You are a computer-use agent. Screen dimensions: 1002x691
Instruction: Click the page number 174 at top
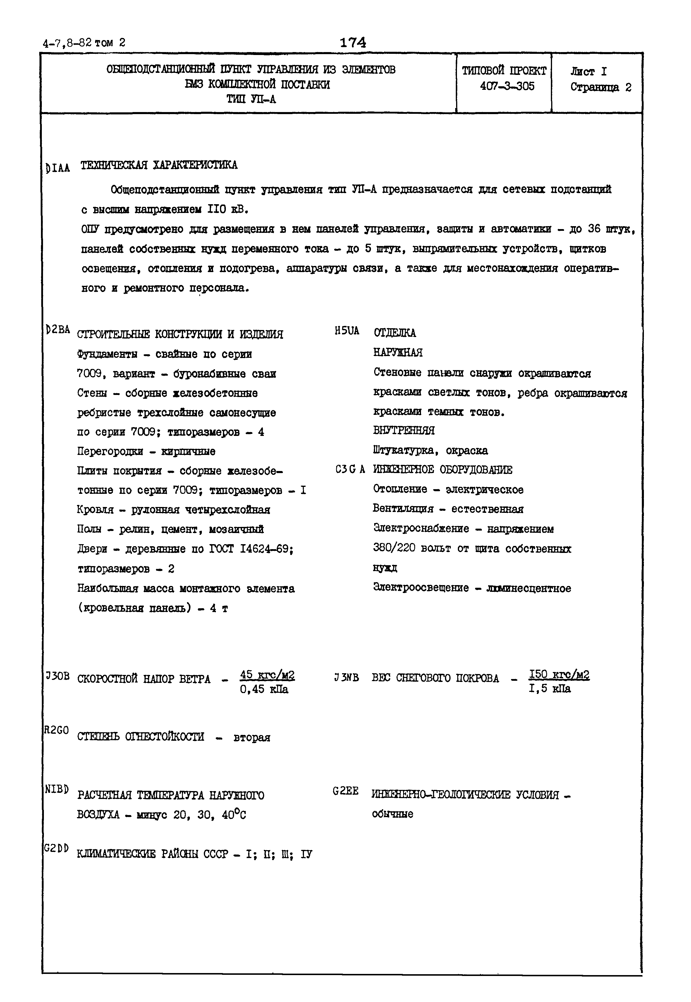click(x=353, y=42)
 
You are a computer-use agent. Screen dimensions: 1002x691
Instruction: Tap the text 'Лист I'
click(x=589, y=71)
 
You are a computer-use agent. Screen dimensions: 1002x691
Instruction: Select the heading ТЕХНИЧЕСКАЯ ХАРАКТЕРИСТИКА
click(x=159, y=165)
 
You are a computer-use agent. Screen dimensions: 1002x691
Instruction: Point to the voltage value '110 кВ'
click(x=228, y=209)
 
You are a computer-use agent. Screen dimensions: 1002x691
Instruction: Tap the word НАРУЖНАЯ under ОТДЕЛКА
click(x=398, y=353)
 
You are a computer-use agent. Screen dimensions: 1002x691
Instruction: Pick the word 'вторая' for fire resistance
click(x=252, y=738)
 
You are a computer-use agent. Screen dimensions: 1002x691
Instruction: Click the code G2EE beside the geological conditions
click(x=345, y=791)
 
